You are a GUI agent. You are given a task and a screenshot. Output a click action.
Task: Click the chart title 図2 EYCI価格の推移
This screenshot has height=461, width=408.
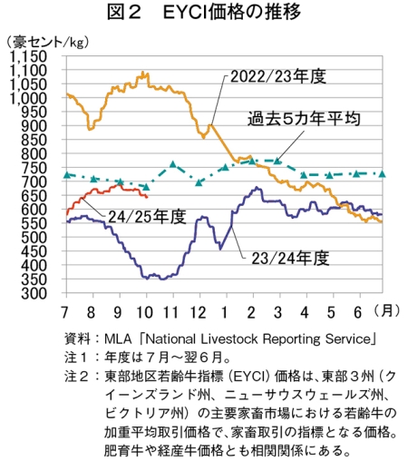[204, 12]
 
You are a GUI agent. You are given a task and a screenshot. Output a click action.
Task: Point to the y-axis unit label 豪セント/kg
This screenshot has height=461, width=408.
[48, 42]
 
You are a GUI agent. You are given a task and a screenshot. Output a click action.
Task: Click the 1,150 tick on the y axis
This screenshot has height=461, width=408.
[29, 56]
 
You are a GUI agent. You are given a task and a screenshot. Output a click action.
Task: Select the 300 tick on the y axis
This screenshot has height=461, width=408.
[34, 293]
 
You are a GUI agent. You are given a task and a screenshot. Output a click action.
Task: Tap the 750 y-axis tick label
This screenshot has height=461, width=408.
[34, 168]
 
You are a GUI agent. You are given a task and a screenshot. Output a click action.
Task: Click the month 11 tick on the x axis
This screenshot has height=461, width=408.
[171, 312]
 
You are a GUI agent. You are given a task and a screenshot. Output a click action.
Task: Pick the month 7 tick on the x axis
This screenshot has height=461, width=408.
[64, 312]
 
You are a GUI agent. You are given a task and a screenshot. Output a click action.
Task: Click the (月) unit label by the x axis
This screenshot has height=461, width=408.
[386, 310]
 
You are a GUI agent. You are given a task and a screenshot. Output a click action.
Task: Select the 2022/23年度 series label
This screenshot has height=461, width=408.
[278, 76]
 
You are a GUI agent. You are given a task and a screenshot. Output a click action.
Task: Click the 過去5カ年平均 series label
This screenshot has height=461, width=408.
[304, 118]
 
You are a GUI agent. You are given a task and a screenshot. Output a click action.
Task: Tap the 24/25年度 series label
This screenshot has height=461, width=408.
[147, 217]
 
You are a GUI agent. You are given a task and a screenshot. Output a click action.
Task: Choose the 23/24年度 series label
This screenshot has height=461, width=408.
[290, 259]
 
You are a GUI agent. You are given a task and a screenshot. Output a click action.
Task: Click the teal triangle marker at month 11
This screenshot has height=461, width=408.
[173, 164]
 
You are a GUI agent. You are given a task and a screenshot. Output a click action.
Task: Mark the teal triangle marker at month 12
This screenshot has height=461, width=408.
[199, 182]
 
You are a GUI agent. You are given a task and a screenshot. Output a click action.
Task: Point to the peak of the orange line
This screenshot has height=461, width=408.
[143, 72]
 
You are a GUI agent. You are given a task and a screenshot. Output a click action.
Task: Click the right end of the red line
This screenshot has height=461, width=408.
[147, 197]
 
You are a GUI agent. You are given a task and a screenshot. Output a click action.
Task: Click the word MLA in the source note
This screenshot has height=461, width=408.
[118, 339]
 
